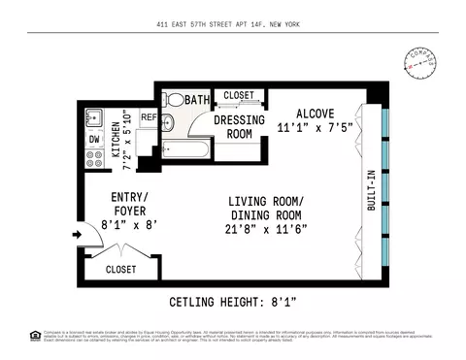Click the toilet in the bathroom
pyautogui.click(x=175, y=99)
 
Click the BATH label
pyautogui.click(x=197, y=99)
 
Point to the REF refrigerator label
pyautogui.click(x=149, y=116)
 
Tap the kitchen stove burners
pyautogui.click(x=94, y=160)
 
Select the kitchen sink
pyautogui.click(x=93, y=117)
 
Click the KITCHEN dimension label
pyautogui.click(x=120, y=139)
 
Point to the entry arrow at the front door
pyautogui.click(x=76, y=234)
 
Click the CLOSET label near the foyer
pyautogui.click(x=121, y=269)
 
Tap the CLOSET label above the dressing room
pyautogui.click(x=239, y=95)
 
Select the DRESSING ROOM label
pyautogui.click(x=233, y=127)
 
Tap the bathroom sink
pyautogui.click(x=166, y=122)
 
